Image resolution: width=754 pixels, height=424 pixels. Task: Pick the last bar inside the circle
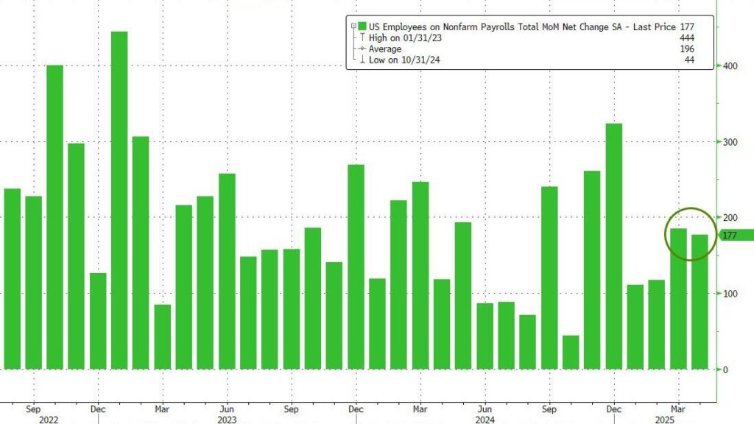[x=700, y=302]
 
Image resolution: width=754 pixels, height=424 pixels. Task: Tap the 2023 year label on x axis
[x=228, y=420]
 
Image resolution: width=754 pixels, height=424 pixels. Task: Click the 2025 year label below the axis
[x=678, y=420]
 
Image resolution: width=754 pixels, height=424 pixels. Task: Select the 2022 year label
[x=33, y=420]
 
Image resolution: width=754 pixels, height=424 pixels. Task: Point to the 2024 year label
[x=485, y=420]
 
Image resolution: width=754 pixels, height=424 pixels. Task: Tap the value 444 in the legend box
[x=686, y=37]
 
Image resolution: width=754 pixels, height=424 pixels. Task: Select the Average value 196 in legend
[x=686, y=48]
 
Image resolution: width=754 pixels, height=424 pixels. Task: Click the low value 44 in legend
[x=688, y=60]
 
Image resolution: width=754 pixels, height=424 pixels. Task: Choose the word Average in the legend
[x=386, y=48]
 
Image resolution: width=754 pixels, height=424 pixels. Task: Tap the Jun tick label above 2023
[x=228, y=407]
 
